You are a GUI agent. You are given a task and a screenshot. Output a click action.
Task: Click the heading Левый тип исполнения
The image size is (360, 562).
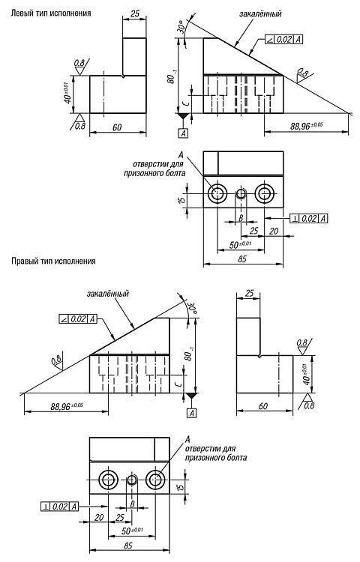[51, 13]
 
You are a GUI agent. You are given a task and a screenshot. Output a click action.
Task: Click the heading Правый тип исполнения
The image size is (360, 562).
[53, 261]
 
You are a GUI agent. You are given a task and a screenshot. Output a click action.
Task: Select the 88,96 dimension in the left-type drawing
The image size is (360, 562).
[307, 126]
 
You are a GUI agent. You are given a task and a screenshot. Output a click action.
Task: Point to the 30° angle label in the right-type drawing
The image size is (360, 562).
[191, 307]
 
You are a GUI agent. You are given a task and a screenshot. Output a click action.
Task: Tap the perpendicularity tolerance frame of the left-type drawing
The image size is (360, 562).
[309, 218]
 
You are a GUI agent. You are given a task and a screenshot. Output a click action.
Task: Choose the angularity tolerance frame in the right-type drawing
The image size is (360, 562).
[78, 318]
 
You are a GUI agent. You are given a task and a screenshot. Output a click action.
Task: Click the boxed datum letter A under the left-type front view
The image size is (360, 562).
[183, 133]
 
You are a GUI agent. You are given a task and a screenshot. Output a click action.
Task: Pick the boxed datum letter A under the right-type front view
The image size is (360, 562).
[192, 413]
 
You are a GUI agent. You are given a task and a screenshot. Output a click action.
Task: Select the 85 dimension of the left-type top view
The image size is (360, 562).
[243, 259]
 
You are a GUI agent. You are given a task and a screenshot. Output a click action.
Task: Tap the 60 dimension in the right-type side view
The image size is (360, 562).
[263, 406]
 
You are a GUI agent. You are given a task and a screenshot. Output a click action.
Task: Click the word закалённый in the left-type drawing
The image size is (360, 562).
[260, 13]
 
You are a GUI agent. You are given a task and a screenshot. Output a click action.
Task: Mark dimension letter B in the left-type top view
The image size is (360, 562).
[241, 217]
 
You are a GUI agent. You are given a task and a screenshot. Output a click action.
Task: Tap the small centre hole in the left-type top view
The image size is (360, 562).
[241, 194]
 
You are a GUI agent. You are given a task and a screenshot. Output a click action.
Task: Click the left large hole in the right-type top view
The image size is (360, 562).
[108, 480]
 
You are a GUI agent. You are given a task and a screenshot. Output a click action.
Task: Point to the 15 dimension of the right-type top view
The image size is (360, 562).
[181, 487]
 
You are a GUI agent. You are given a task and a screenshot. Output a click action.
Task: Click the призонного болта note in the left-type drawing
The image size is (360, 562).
[154, 173]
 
